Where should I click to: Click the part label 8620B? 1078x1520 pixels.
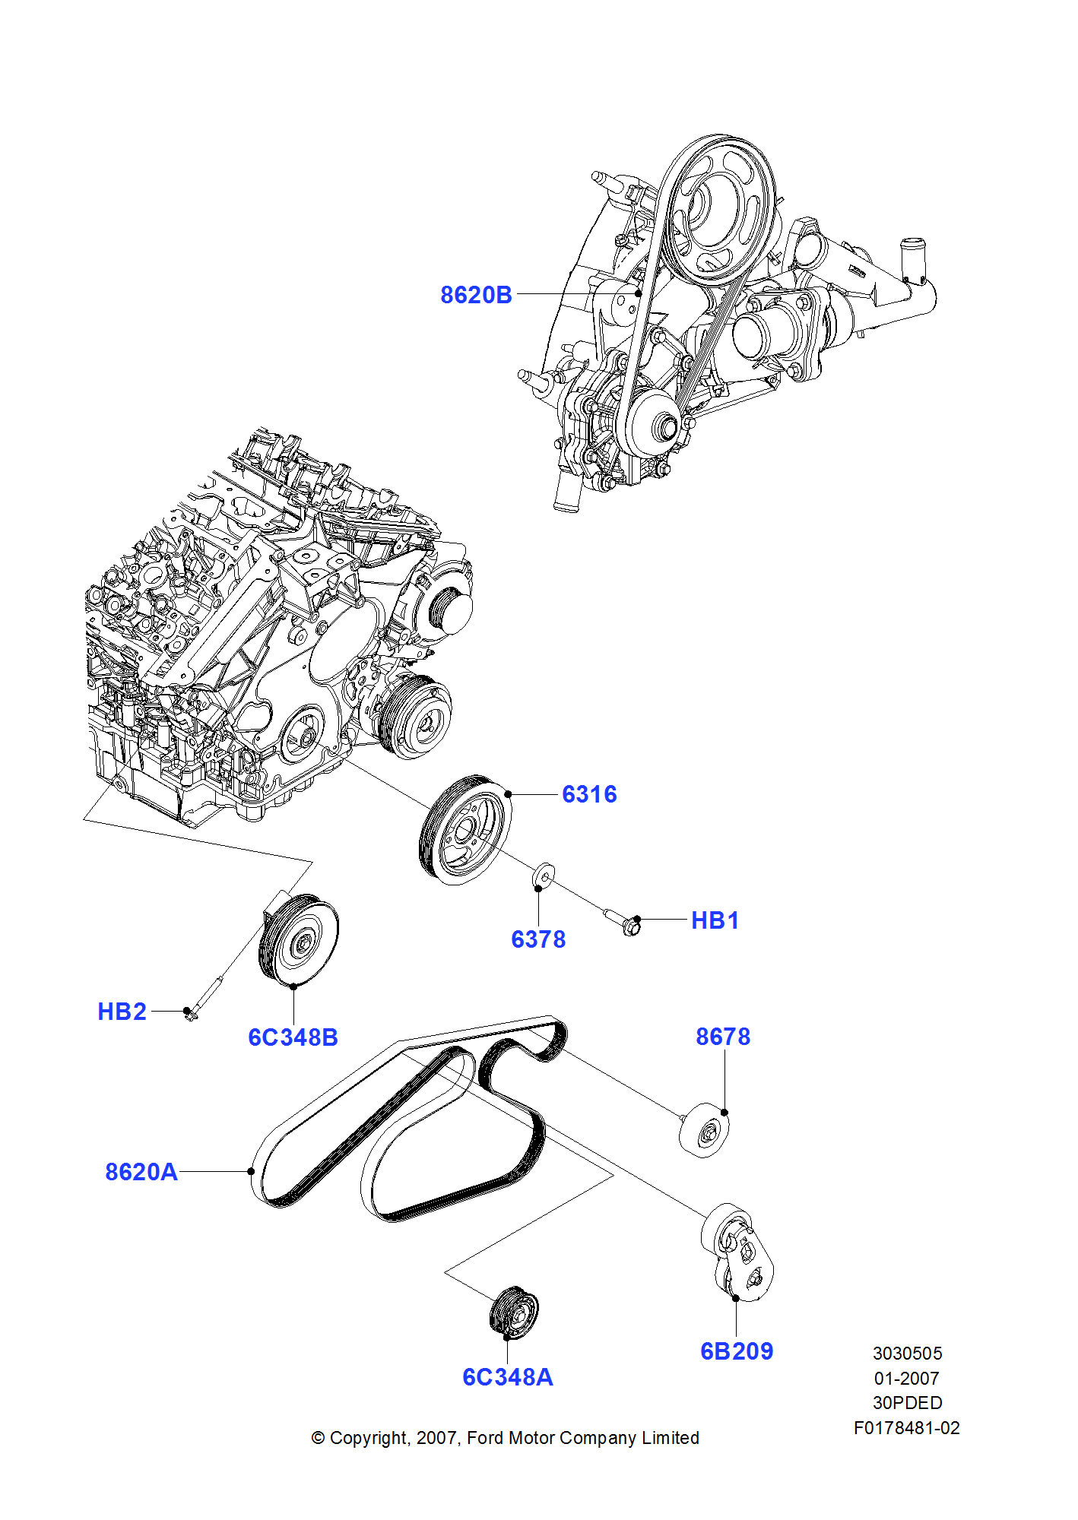click(476, 295)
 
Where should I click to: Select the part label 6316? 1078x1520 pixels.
click(589, 794)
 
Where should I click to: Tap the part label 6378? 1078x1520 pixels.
click(538, 939)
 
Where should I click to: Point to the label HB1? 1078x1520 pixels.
click(715, 920)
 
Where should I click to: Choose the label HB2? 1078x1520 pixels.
click(122, 1012)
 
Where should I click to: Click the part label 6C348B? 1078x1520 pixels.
click(293, 1037)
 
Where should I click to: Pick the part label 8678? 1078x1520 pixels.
click(723, 1037)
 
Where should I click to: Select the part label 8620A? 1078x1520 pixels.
click(141, 1172)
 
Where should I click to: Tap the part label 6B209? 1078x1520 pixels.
click(737, 1351)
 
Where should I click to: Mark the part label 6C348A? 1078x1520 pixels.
click(508, 1377)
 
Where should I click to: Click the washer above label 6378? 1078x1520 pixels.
click(543, 877)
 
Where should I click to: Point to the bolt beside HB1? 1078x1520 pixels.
click(623, 920)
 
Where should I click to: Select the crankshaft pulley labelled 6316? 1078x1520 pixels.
click(464, 830)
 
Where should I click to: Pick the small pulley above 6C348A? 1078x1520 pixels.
click(514, 1313)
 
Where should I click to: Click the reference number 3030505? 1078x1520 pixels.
click(907, 1354)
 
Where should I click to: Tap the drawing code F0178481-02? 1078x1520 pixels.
click(906, 1428)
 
